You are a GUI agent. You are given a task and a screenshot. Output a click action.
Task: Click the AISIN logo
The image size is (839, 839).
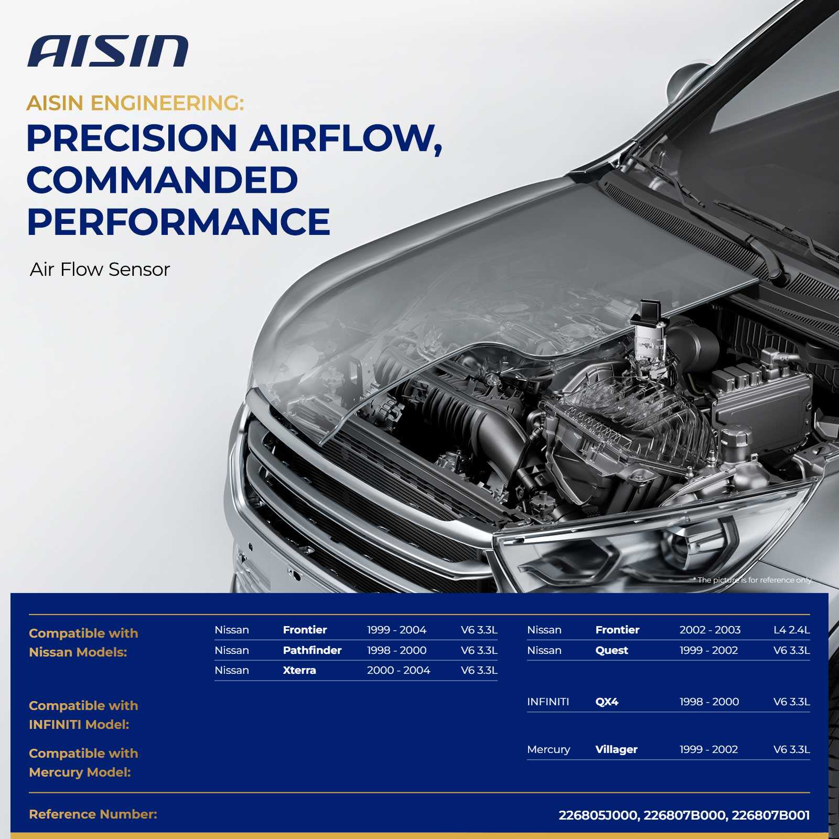tap(107, 51)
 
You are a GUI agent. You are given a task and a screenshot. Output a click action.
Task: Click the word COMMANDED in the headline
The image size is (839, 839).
tap(162, 180)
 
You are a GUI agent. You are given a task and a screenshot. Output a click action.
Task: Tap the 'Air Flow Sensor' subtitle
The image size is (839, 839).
tap(100, 270)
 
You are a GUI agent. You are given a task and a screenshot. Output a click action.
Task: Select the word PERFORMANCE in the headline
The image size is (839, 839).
tap(178, 222)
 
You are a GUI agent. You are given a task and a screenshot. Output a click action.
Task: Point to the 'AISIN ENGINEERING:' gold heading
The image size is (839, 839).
tap(135, 103)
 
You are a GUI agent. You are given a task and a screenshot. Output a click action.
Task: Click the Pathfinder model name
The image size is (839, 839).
tap(312, 650)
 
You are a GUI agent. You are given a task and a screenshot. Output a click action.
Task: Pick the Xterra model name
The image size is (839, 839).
tap(299, 670)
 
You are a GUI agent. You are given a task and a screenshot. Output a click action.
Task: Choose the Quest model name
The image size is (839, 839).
tap(612, 650)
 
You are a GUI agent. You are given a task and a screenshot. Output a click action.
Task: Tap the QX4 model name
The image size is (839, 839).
tap(607, 702)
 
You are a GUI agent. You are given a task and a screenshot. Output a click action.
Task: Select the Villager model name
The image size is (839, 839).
tap(617, 749)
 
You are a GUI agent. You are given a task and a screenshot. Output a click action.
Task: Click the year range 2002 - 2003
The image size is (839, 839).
tap(710, 630)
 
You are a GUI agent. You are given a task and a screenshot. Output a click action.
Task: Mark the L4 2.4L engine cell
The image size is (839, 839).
tap(792, 630)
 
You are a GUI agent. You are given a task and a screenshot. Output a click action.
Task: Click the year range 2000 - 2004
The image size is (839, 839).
tap(399, 670)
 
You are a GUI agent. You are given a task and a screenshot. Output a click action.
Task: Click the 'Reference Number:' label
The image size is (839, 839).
tap(93, 814)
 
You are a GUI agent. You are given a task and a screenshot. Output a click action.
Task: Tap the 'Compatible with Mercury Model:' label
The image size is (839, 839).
tap(84, 762)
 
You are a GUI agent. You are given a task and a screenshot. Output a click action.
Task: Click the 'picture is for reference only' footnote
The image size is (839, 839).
tap(753, 580)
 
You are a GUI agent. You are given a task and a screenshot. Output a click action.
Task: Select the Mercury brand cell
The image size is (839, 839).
tap(548, 749)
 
